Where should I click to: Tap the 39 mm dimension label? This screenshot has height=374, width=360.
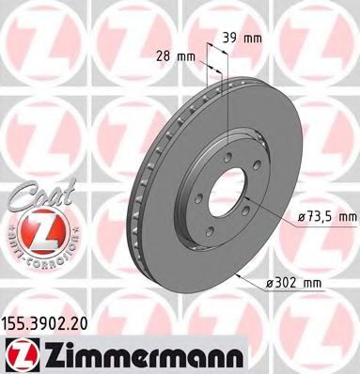pyautogui.click(x=247, y=39)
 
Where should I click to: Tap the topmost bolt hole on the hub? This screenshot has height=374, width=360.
pyautogui.click(x=226, y=140)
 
